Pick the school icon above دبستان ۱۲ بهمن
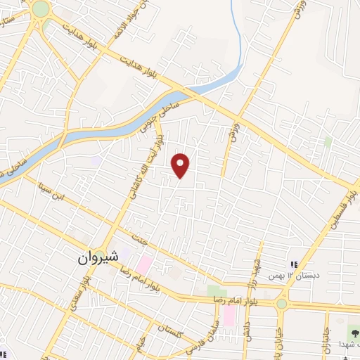[295, 264]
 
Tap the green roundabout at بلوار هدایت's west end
[40, 9]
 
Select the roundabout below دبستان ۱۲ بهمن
[282, 304]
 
